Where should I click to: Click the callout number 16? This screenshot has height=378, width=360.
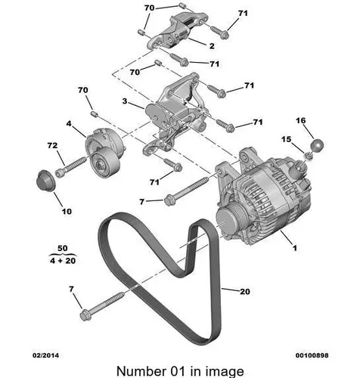click(301, 121)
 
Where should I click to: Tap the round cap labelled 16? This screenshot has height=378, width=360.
click(318, 145)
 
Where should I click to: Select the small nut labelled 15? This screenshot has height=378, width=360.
click(308, 156)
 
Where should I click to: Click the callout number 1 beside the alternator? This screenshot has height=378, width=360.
click(295, 248)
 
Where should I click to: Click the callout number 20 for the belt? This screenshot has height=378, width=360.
click(245, 292)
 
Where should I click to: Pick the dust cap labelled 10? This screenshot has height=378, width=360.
click(45, 181)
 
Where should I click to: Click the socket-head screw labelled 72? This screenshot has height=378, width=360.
click(71, 167)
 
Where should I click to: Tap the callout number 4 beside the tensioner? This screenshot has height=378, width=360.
click(69, 124)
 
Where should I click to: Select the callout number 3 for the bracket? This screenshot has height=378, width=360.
click(125, 101)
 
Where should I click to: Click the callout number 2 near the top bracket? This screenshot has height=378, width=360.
click(212, 46)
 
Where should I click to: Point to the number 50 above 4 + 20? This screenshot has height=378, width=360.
click(63, 248)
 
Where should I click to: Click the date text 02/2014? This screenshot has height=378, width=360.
click(46, 355)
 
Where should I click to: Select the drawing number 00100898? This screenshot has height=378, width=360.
click(312, 355)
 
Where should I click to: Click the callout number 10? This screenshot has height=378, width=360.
click(67, 211)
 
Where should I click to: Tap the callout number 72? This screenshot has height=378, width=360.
click(52, 145)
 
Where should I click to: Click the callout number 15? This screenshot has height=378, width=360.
click(287, 139)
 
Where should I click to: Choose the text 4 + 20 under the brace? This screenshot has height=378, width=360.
click(63, 261)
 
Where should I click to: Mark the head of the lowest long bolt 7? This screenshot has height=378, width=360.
click(85, 315)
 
